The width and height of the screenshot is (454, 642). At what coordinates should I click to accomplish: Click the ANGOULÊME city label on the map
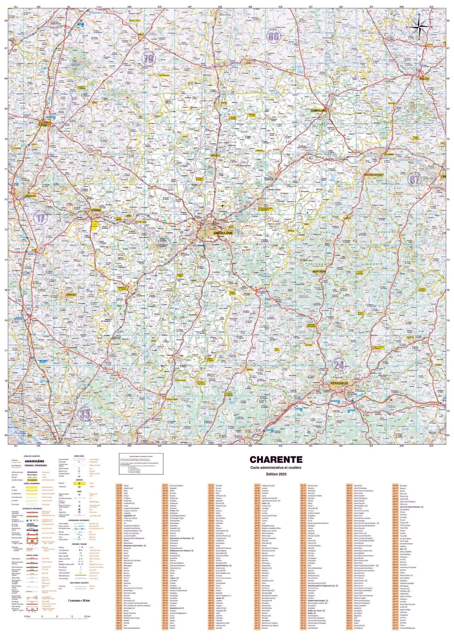click(223, 233)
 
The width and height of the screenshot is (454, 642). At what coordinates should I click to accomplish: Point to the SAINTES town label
click(31, 196)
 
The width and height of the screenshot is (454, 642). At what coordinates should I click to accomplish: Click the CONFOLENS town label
click(319, 111)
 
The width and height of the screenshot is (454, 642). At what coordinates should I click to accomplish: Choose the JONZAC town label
click(71, 295)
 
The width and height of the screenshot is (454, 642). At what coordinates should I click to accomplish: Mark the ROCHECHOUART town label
click(374, 175)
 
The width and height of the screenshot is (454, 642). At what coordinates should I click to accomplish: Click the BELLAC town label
click(424, 79)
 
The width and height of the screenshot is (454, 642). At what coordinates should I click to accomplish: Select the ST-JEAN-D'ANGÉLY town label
click(44, 124)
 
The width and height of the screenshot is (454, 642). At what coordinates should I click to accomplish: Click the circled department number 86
click(274, 36)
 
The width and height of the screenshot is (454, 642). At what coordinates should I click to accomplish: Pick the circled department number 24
click(339, 365)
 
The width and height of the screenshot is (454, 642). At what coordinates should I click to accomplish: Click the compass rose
click(421, 27)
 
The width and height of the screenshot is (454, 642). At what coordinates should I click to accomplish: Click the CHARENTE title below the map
click(276, 460)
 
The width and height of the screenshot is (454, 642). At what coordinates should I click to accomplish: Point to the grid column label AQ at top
click(220, 7)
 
